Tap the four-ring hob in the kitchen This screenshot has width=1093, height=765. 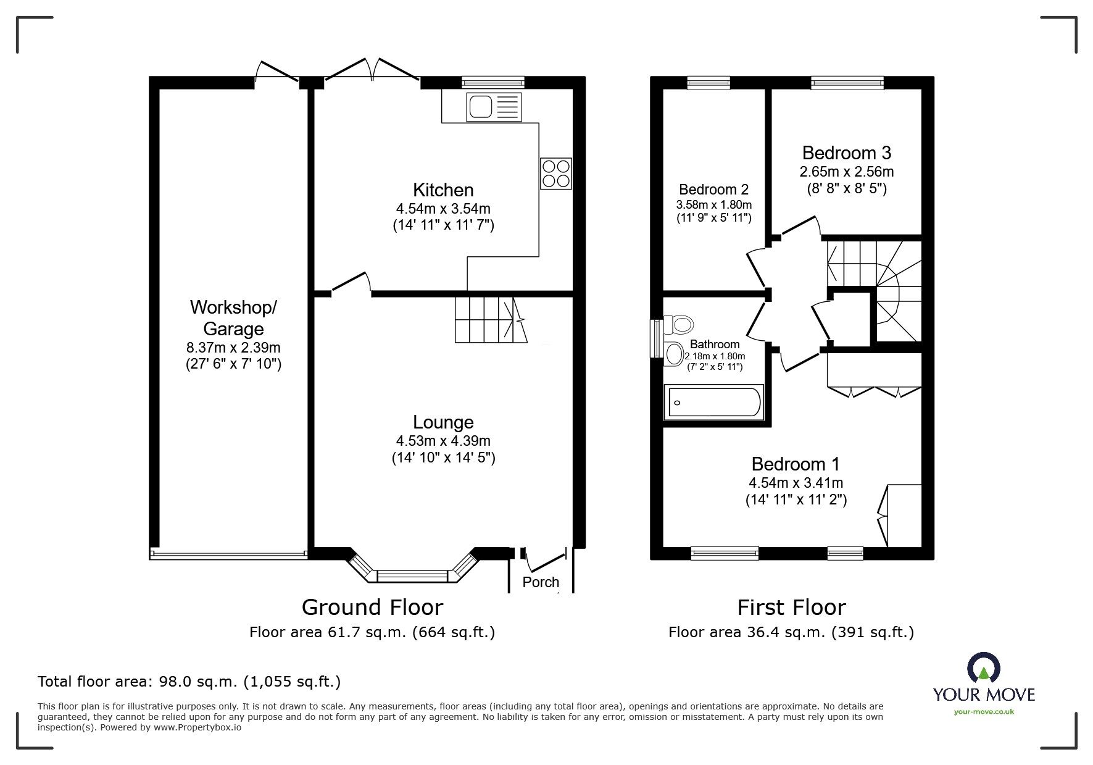[556, 173]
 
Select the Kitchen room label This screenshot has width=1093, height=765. [443, 190]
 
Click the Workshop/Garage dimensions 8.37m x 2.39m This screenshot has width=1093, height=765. [233, 348]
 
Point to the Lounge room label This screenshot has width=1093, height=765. [443, 422]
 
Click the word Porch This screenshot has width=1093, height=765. [541, 582]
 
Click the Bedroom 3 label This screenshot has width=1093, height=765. [846, 153]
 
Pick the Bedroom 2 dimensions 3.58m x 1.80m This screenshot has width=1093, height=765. [714, 204]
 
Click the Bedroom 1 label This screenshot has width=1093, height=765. [795, 464]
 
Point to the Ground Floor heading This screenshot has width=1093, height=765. [372, 608]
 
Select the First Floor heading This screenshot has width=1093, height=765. [791, 608]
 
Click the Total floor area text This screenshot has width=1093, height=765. [189, 682]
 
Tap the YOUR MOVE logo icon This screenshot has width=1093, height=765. [984, 669]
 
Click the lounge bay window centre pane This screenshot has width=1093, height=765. [412, 576]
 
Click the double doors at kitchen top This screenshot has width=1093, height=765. [372, 69]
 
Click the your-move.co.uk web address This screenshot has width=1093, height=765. [984, 712]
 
